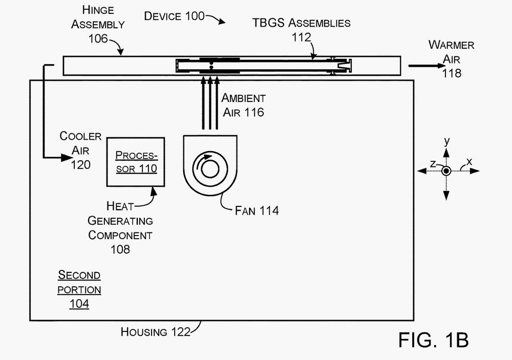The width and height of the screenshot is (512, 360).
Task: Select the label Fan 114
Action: pyautogui.click(x=257, y=210)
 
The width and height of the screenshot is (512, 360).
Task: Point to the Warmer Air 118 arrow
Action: pyautogui.click(x=427, y=66)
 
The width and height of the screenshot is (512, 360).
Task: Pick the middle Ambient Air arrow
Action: pyautogui.click(x=210, y=103)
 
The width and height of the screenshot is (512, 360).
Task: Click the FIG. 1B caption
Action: pyautogui.click(x=434, y=340)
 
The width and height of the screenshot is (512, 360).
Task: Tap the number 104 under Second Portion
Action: pyautogui.click(x=79, y=304)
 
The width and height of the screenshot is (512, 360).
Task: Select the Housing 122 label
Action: pyautogui.click(x=156, y=332)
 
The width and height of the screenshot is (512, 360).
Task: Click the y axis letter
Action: pyautogui.click(x=446, y=141)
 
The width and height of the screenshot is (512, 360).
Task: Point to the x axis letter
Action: pyautogui.click(x=469, y=161)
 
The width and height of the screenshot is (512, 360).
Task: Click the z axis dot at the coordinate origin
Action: pyautogui.click(x=446, y=171)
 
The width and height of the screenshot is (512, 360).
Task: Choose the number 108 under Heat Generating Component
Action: pyautogui.click(x=120, y=249)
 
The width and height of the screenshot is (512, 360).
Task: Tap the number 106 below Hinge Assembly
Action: pyautogui.click(x=98, y=39)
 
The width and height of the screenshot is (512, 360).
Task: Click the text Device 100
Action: pyautogui.click(x=175, y=16)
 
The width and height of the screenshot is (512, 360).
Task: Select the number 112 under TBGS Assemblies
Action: pyautogui.click(x=301, y=37)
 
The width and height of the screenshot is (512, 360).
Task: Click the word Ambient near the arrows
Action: pyautogui.click(x=244, y=98)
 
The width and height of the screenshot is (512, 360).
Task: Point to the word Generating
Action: pyautogui.click(x=120, y=221)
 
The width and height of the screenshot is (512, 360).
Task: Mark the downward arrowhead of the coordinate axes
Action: pyautogui.click(x=446, y=196)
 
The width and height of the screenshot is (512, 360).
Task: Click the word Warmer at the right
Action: pyautogui.click(x=451, y=45)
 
